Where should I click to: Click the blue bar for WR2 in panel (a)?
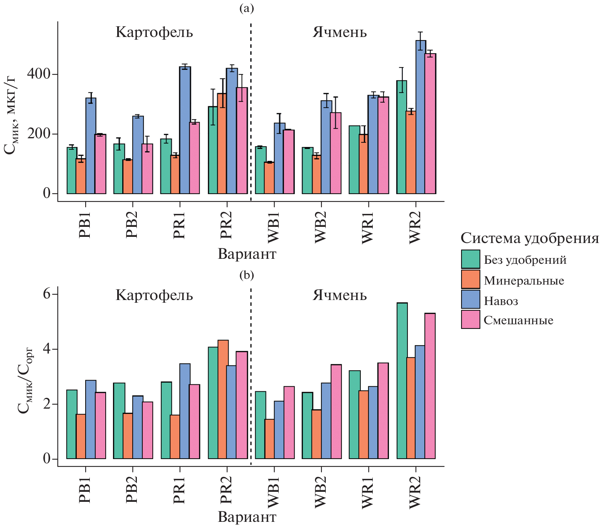coord(421,117)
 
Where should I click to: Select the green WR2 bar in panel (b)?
coord(402,381)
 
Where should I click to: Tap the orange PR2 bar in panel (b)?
coord(223,399)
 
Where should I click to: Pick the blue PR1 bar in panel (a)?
coord(185,130)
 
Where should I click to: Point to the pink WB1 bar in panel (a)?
coord(289,162)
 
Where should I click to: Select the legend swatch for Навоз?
coord(470,300)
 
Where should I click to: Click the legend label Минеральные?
coord(524,280)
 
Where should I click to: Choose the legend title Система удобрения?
coord(530,238)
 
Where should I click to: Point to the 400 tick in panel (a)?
coord(39,74)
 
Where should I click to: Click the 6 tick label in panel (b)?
coord(47,294)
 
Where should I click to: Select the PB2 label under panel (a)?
coord(132,225)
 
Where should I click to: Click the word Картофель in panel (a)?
coord(154,32)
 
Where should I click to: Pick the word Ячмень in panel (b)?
coord(340,295)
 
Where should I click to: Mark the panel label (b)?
coord(247,275)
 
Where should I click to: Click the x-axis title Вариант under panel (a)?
coord(247,254)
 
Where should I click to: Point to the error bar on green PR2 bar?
coord(213,107)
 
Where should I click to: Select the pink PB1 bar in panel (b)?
coord(100,426)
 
